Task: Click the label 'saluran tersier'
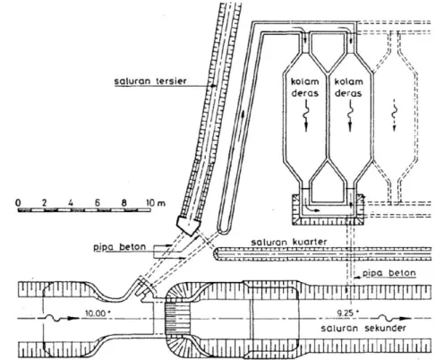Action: [x=150, y=81]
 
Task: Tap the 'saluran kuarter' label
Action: [x=288, y=242]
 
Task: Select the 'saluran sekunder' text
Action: [x=363, y=328]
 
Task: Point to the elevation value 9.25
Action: [x=347, y=313]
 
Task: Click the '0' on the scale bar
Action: [x=18, y=203]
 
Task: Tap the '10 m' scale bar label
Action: [x=156, y=203]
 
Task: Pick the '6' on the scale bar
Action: [x=97, y=203]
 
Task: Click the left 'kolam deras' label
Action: [x=305, y=87]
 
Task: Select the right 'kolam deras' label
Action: [x=348, y=87]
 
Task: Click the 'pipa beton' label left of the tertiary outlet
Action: [x=120, y=247]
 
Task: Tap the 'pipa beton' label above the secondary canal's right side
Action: [x=389, y=273]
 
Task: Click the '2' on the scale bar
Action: [x=45, y=203]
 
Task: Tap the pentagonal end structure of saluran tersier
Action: [x=189, y=226]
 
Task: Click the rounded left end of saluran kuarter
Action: [x=216, y=253]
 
